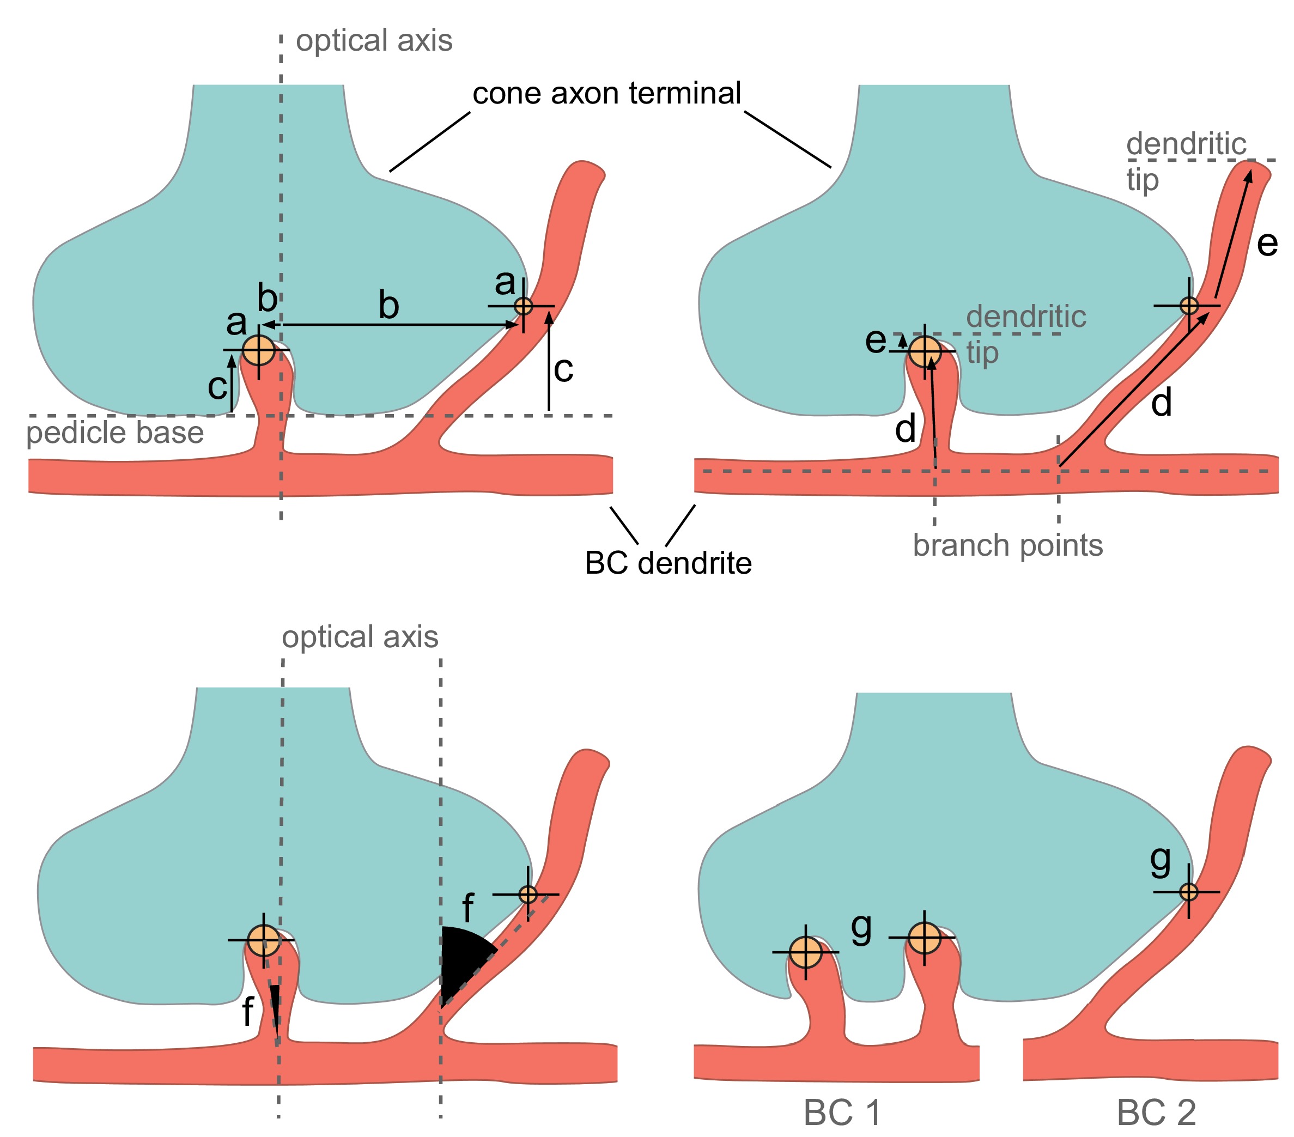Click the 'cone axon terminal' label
point(606,94)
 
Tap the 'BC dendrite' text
point(668,563)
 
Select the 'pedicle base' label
point(114,433)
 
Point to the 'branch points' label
point(1007,545)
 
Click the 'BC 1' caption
point(842,1112)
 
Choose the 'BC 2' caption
point(1156,1112)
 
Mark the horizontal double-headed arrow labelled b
point(390,325)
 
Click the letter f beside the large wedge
point(468,909)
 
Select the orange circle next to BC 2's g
point(1188,891)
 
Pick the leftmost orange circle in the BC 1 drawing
point(805,952)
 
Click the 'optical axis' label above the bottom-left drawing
point(360,637)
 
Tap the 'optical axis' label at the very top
point(374,40)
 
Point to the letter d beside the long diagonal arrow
point(1161,403)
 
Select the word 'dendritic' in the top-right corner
point(1186,144)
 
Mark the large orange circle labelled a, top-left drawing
point(258,349)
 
